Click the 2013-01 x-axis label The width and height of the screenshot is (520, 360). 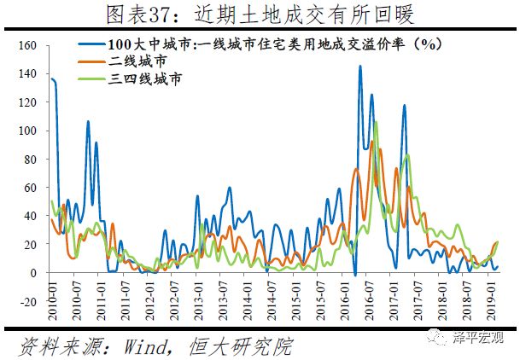tap(197, 317)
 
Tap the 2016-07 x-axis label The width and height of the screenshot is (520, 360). tap(372, 317)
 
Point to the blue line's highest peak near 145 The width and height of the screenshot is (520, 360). tap(359, 66)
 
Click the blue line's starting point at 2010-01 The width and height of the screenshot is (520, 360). tap(51, 78)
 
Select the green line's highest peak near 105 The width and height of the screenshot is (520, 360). tap(376, 123)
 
